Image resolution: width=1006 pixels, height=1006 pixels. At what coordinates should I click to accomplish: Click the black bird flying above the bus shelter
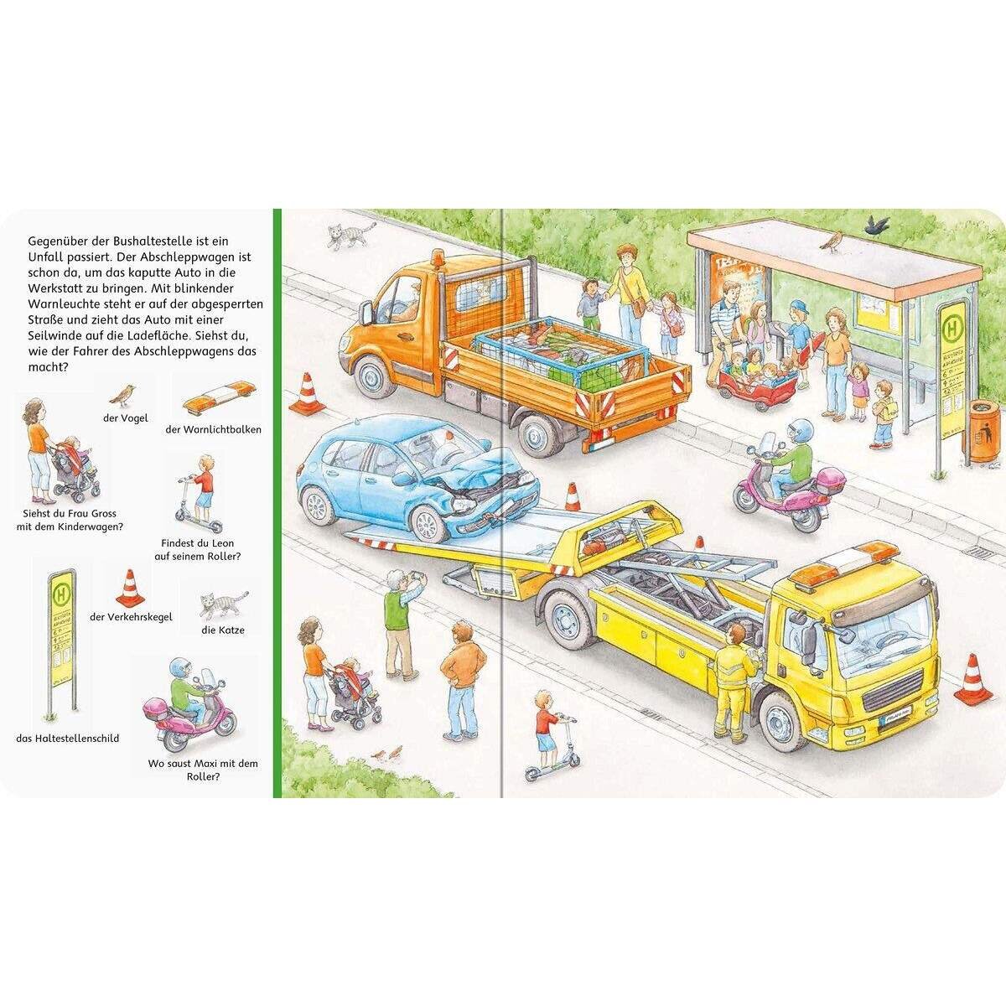[877, 224]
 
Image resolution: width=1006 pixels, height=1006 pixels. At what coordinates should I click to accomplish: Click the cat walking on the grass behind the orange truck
[346, 236]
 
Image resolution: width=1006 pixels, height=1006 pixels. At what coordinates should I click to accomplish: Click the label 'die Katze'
[223, 630]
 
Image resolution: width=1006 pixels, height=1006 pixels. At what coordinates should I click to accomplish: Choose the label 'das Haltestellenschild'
[67, 739]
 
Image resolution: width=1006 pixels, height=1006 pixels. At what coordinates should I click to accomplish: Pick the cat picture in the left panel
[222, 604]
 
